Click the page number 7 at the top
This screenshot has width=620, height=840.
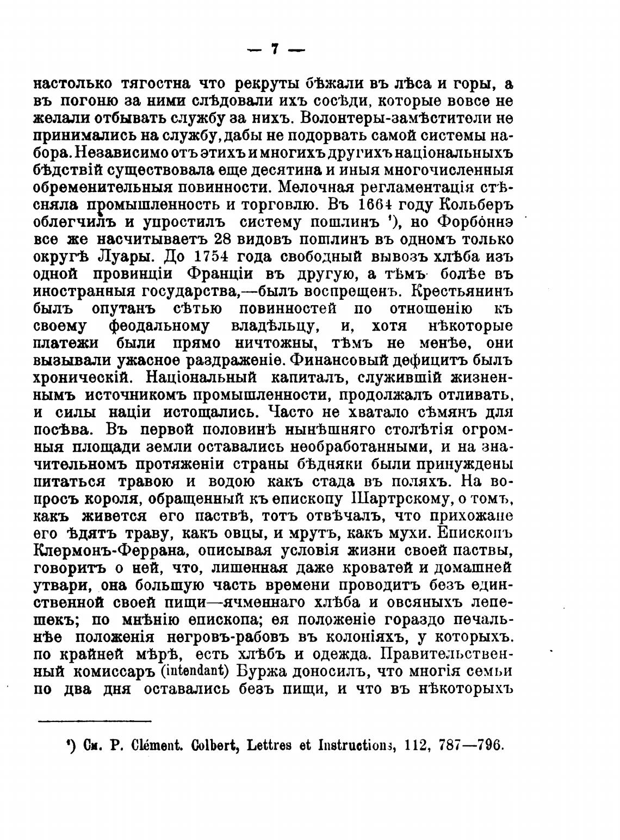click(x=275, y=50)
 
